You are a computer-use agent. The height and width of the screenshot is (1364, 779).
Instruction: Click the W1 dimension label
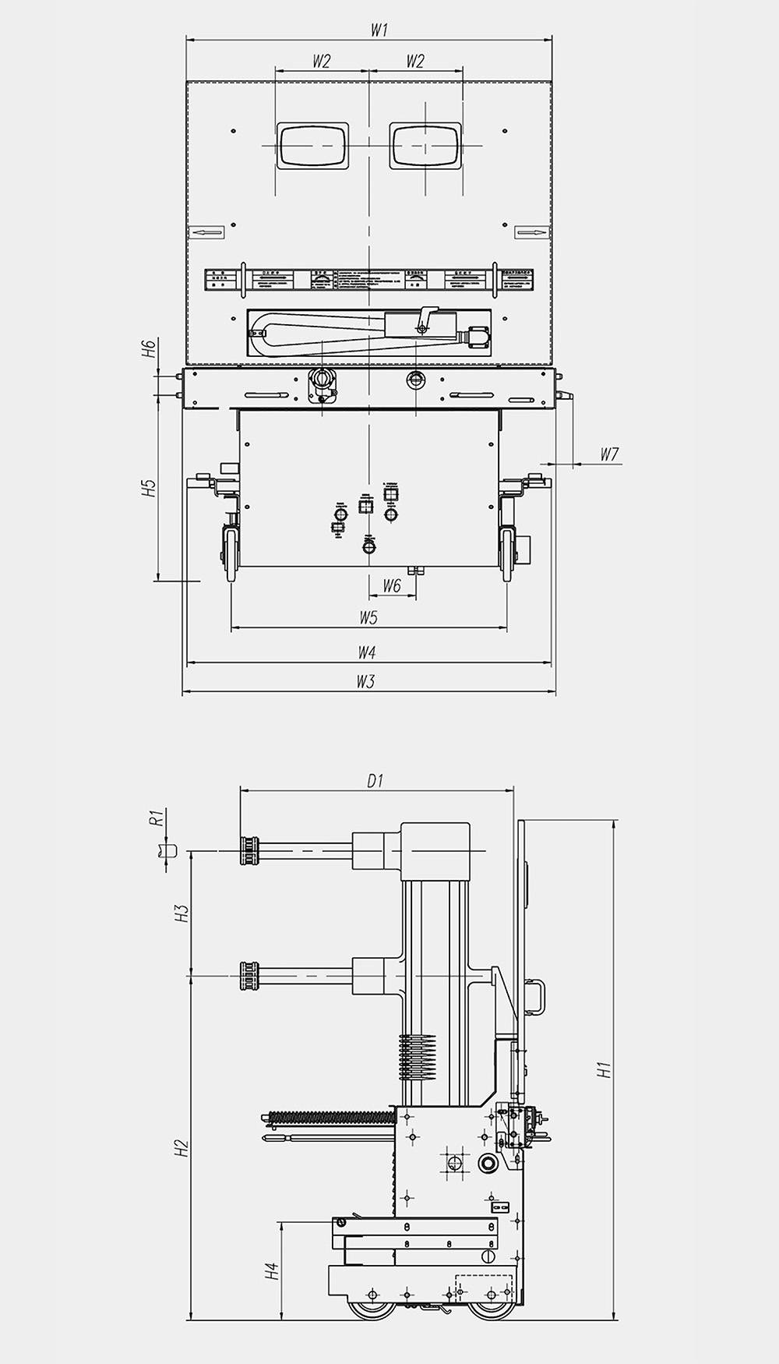[x=379, y=30]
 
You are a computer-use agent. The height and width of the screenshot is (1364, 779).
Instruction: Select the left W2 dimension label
[x=321, y=62]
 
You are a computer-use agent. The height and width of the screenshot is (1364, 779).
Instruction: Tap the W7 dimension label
[x=609, y=454]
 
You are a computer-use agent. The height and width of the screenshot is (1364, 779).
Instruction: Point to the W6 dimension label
[x=391, y=586]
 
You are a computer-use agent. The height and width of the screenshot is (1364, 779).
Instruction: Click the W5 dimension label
[x=368, y=618]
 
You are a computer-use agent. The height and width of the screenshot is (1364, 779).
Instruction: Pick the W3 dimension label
[x=365, y=682]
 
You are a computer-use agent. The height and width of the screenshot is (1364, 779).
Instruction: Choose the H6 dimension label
[x=150, y=348]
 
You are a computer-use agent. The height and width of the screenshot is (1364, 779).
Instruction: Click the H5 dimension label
[x=150, y=488]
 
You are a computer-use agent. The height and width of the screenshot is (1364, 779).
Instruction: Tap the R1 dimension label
[x=156, y=818]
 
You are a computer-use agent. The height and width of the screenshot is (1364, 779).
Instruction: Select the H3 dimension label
[x=182, y=913]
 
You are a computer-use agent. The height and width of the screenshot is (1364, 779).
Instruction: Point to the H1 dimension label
[x=605, y=1070]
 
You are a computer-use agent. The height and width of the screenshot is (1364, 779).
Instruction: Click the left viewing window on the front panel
[x=312, y=146]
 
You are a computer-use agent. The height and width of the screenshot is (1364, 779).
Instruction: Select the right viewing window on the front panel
[x=425, y=146]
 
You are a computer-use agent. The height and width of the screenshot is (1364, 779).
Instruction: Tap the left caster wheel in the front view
[x=231, y=553]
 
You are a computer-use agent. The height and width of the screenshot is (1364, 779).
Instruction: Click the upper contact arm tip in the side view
[x=249, y=850]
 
